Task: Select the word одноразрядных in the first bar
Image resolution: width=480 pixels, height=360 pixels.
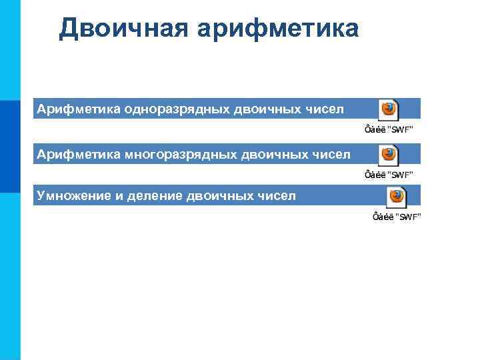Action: tap(177, 109)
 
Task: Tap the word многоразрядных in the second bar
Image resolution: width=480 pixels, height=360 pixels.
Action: tap(180, 155)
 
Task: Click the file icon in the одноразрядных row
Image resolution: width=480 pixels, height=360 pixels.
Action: tap(388, 109)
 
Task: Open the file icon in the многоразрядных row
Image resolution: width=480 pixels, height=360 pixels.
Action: tap(388, 155)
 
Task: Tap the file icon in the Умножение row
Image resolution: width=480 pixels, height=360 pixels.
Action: tap(397, 196)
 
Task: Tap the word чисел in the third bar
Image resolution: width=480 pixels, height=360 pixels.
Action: tap(276, 196)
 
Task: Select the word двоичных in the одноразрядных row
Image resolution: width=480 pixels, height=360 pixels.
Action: tap(265, 109)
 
